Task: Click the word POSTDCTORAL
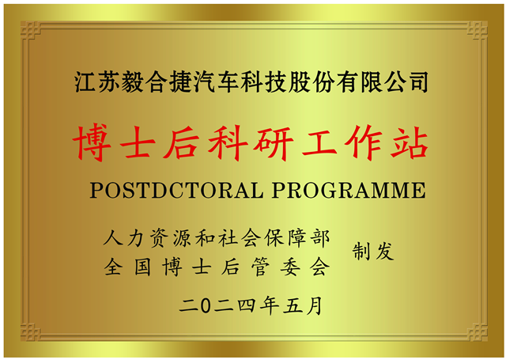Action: (x=176, y=190)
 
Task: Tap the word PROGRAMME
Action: (x=349, y=190)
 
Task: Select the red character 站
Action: (x=409, y=142)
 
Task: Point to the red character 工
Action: (x=319, y=142)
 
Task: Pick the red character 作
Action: (x=364, y=142)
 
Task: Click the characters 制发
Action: (x=373, y=251)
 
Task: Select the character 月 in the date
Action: (x=314, y=305)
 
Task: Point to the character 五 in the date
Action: (x=293, y=305)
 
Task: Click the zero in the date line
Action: (x=205, y=305)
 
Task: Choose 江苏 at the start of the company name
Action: (x=95, y=82)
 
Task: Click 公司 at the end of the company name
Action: (x=408, y=82)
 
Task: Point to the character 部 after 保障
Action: (x=320, y=238)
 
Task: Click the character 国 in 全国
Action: (x=142, y=267)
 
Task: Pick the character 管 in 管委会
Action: (x=260, y=267)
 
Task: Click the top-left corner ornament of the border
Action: (x=30, y=31)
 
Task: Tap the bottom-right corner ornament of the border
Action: (x=477, y=332)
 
